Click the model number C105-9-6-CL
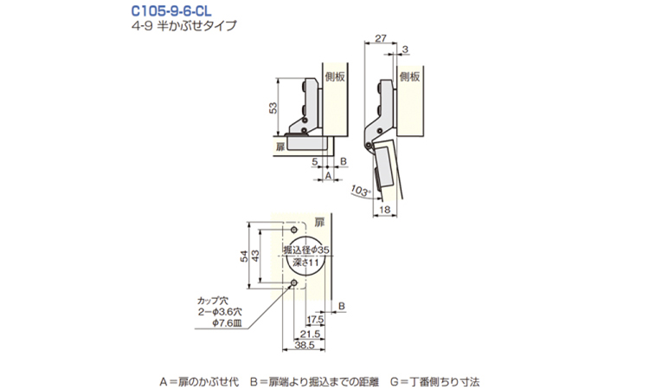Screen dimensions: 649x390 [x=171, y=10]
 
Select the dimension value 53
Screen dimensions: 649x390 [x=273, y=107]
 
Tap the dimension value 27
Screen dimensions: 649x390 [x=381, y=38]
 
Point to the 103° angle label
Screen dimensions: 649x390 [x=359, y=191]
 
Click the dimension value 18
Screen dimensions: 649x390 [x=384, y=209]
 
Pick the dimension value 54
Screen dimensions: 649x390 [x=244, y=257]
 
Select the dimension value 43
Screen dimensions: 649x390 [x=255, y=256]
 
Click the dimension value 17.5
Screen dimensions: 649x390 [x=315, y=320]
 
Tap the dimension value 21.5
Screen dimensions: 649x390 [x=310, y=334]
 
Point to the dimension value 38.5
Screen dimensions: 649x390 [x=305, y=345]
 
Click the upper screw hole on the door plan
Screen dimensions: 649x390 [x=294, y=230]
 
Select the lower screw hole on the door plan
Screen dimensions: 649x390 [x=294, y=283]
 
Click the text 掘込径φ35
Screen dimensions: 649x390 [x=306, y=250]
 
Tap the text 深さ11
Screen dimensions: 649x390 [x=305, y=263]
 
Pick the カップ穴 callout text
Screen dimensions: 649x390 [x=213, y=301]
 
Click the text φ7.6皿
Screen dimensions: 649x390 [x=227, y=323]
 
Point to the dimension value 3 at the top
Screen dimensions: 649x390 [x=405, y=49]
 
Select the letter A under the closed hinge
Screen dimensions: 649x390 [x=328, y=175]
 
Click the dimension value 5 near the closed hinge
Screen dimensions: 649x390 [x=315, y=162]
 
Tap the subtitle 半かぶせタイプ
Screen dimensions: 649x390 [x=197, y=26]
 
